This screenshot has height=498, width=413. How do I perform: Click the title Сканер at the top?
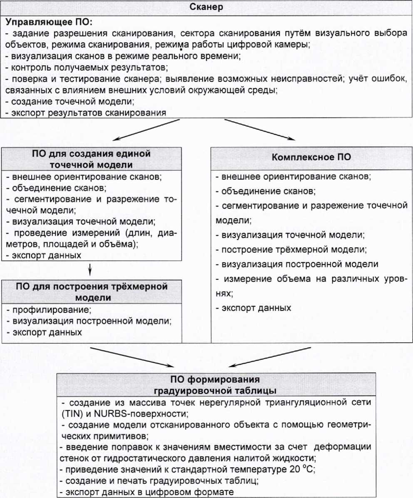tap(206, 7)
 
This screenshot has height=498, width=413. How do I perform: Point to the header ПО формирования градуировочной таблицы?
tap(214, 385)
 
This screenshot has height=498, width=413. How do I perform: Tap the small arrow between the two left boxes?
tap(90, 271)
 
